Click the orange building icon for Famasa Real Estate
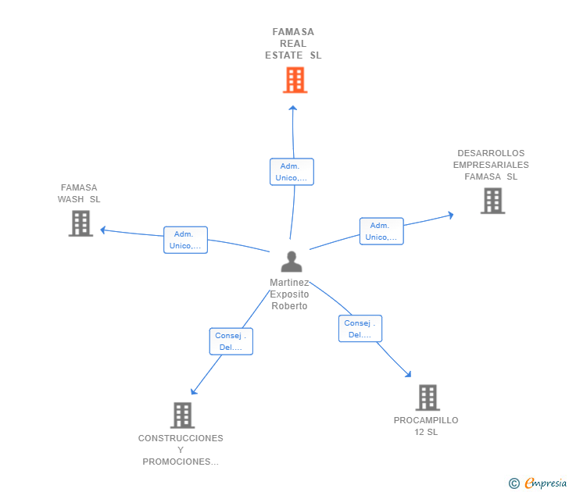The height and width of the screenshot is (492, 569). click(x=295, y=80)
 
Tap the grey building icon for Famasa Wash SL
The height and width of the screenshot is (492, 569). click(x=81, y=223)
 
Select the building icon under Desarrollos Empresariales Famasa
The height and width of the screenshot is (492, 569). click(x=492, y=201)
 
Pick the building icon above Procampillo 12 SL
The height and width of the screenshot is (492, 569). click(x=428, y=398)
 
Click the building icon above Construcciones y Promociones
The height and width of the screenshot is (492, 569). click(x=183, y=415)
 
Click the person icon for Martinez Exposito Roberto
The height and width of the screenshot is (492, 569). click(x=292, y=262)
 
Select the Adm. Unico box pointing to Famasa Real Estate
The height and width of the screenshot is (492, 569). click(x=292, y=172)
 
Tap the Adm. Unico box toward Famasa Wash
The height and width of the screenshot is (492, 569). click(x=185, y=240)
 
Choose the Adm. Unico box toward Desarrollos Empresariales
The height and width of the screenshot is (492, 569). click(x=381, y=231)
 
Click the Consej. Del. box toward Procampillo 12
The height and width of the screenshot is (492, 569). click(x=360, y=329)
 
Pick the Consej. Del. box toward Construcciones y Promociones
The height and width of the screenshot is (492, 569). click(x=231, y=341)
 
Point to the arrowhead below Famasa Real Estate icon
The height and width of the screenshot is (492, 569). click(x=293, y=108)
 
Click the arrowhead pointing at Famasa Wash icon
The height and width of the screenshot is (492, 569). click(x=102, y=230)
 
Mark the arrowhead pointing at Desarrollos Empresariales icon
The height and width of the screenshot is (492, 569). click(x=451, y=215)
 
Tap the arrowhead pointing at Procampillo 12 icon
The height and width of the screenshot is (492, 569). click(x=408, y=374)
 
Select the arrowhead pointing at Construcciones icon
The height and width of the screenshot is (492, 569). click(x=193, y=391)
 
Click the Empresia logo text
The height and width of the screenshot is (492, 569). click(x=546, y=483)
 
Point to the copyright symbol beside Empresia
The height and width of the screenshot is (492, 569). click(x=514, y=483)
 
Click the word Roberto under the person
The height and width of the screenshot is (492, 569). click(x=289, y=306)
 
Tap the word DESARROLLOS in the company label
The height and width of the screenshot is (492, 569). click(x=491, y=153)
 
